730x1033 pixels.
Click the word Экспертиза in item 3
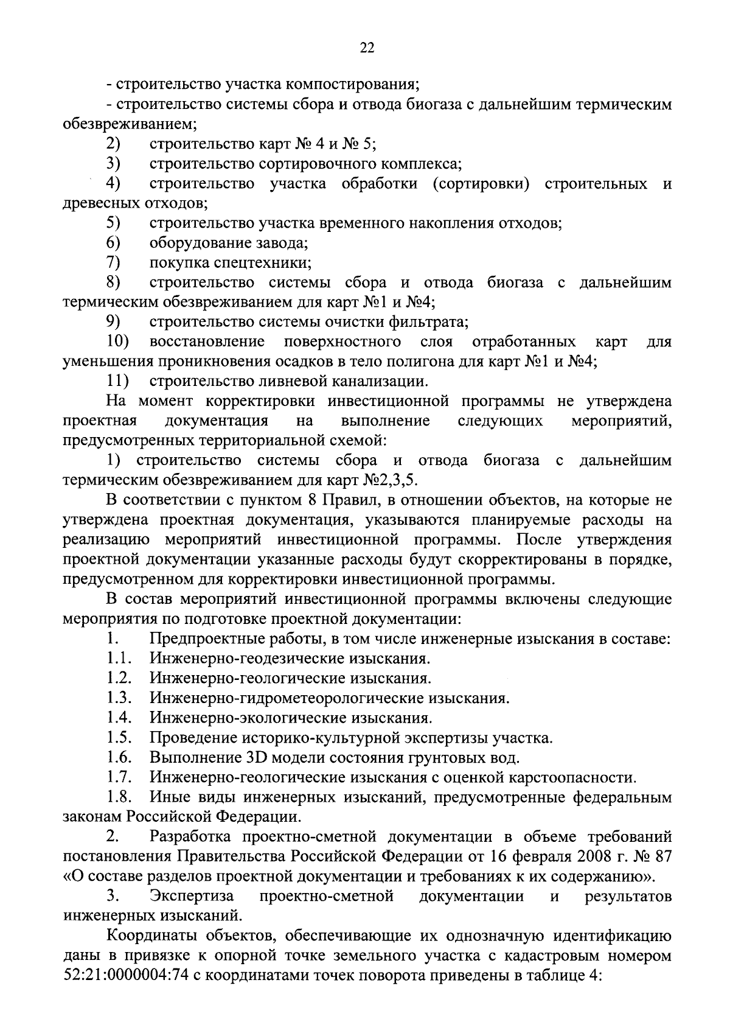pos(192,896)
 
